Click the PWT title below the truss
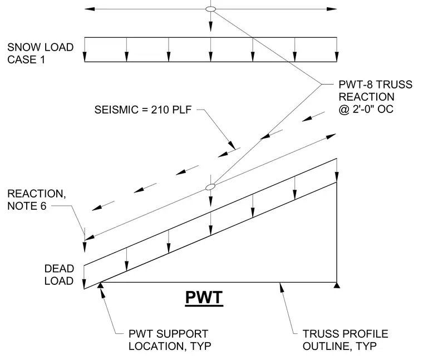tap(204, 298)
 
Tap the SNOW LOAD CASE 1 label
tap(40, 53)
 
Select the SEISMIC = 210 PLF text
tap(143, 110)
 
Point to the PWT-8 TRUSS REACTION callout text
tap(375, 97)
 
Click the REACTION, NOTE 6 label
tap(36, 200)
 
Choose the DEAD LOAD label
tap(59, 275)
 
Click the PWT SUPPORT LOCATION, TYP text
tap(170, 340)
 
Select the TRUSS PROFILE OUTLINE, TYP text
tap(345, 340)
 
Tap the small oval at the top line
tap(211, 9)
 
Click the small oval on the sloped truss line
tap(210, 186)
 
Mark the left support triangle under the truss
tap(100, 285)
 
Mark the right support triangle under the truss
tap(337, 285)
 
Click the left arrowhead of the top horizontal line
tap(90, 9)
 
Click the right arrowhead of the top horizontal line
tap(332, 9)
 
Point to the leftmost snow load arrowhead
tap(85, 57)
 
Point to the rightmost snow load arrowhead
tap(337, 57)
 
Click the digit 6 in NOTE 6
tap(43, 206)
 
